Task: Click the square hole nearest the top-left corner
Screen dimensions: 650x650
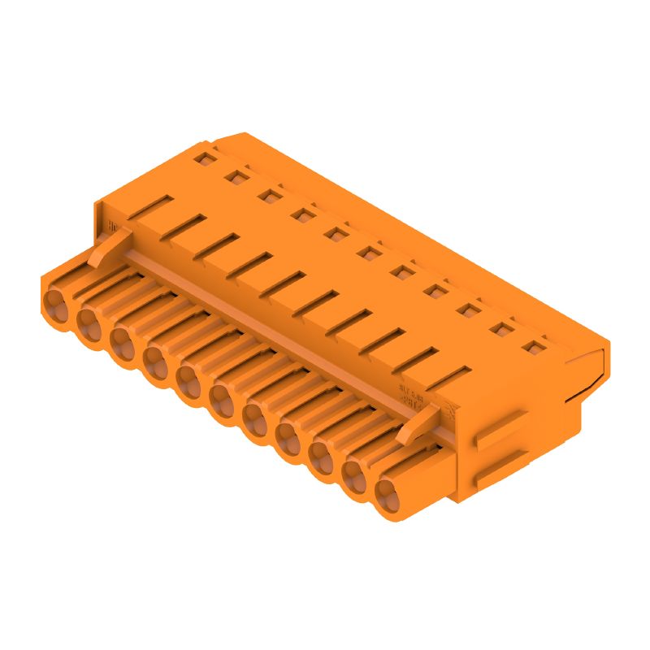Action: click(x=203, y=154)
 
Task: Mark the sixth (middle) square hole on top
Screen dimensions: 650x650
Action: click(x=368, y=253)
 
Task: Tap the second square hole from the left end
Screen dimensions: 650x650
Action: click(x=236, y=174)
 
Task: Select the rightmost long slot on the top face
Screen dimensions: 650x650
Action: click(x=449, y=378)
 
